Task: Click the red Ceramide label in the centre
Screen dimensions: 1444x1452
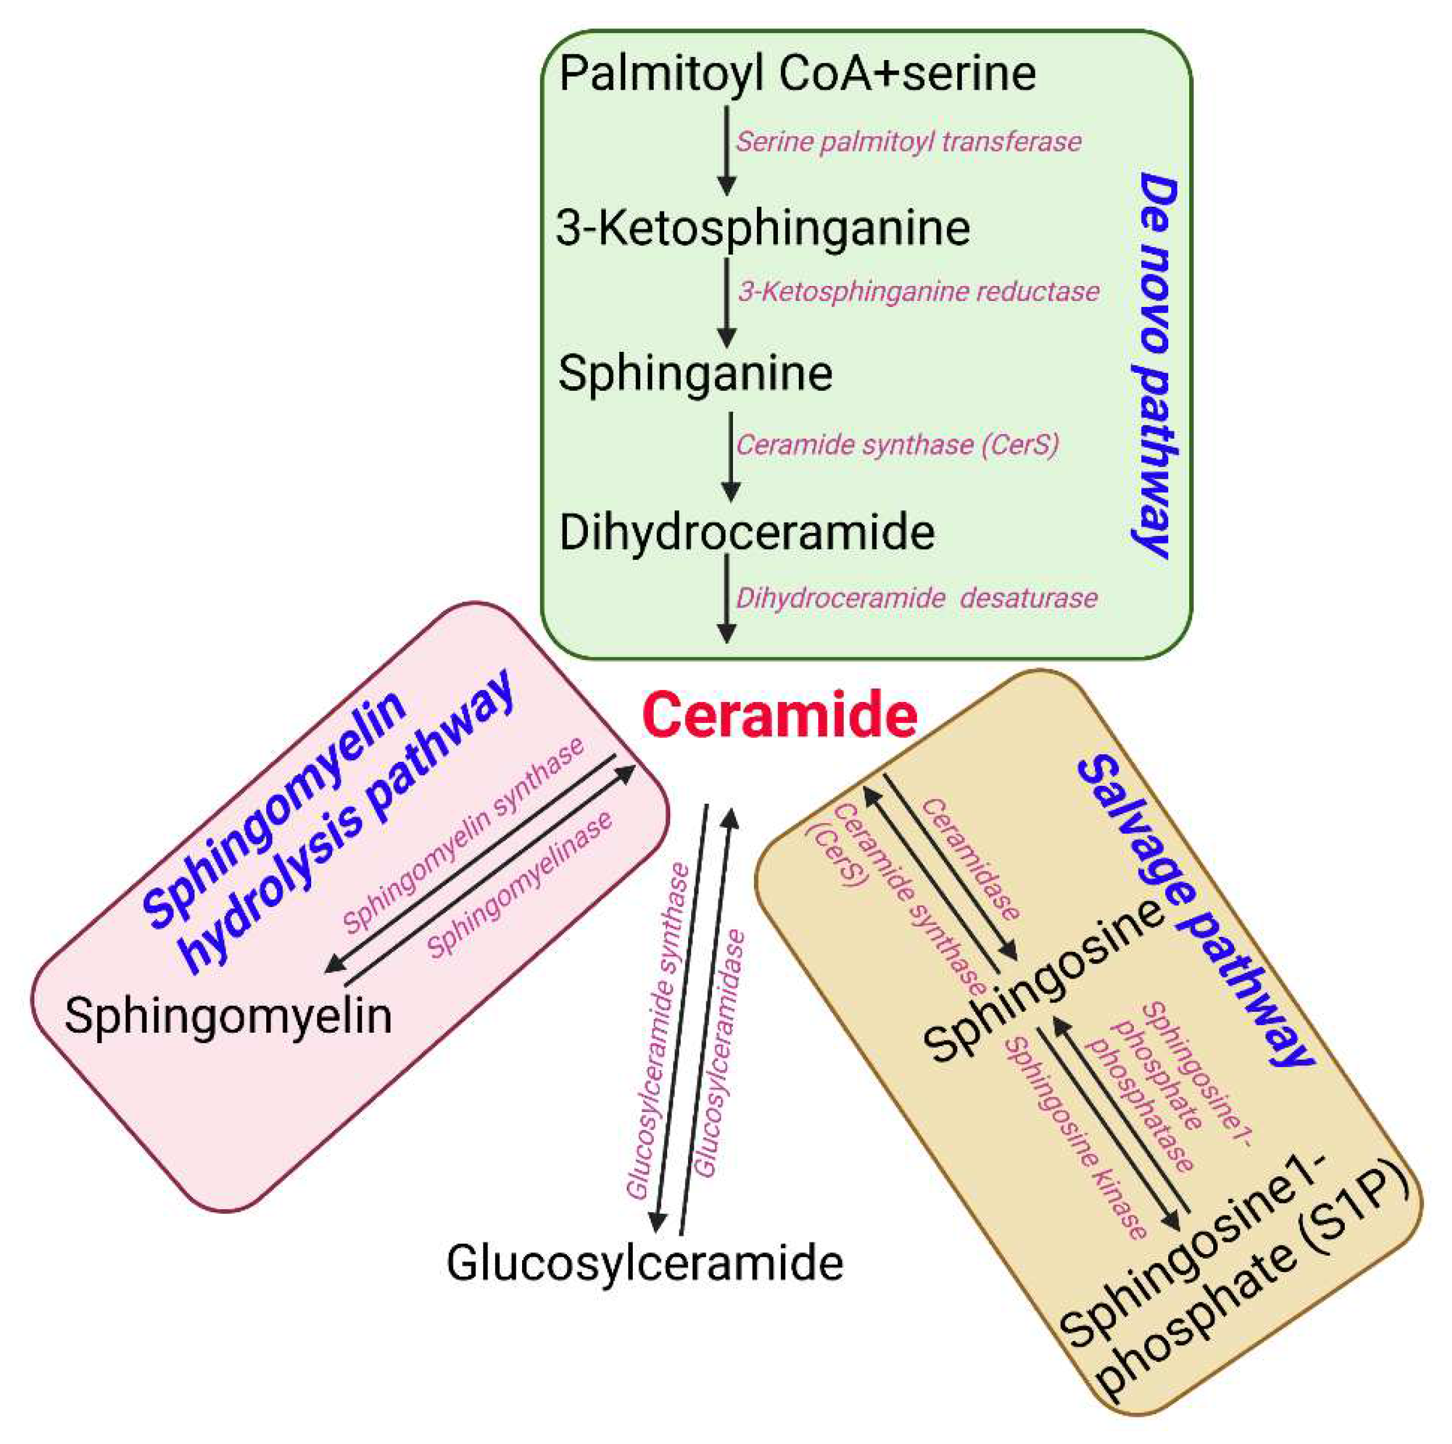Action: tap(780, 716)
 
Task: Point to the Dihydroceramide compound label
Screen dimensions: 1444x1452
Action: tap(747, 532)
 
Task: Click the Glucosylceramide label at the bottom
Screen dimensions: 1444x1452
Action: tap(645, 1263)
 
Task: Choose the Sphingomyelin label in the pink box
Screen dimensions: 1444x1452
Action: tap(228, 1016)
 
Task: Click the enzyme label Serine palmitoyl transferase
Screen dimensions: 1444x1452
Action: tap(908, 141)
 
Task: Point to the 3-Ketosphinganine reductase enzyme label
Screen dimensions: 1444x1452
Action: tap(919, 291)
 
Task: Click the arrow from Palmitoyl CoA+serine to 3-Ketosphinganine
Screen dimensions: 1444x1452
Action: tap(726, 150)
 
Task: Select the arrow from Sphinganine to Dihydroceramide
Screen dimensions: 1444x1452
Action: tap(731, 456)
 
